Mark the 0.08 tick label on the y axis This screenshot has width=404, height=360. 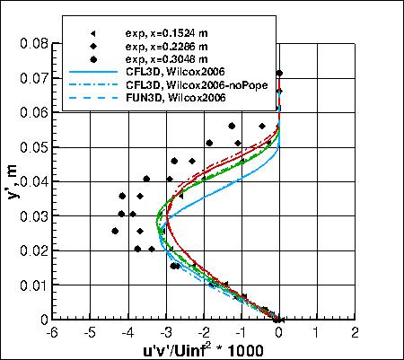click(x=33, y=42)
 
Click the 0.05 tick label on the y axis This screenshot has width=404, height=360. click(x=33, y=146)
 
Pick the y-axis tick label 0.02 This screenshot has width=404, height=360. click(x=33, y=250)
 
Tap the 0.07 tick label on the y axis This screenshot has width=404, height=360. click(x=33, y=77)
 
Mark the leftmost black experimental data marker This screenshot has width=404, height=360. click(x=115, y=231)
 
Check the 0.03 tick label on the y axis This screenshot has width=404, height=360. click(x=33, y=215)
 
